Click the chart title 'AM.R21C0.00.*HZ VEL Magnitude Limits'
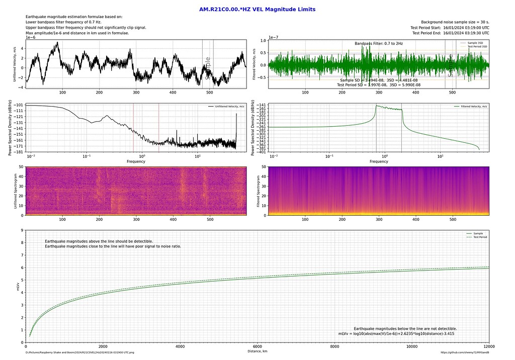pyautogui.click(x=257, y=9)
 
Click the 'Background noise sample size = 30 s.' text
pyautogui.click(x=455, y=22)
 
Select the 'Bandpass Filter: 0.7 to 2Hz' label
pyautogui.click(x=378, y=44)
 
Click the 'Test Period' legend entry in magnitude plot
pyautogui.click(x=480, y=237)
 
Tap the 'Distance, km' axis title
pyautogui.click(x=257, y=351)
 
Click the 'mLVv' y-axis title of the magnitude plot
pyautogui.click(x=18, y=286)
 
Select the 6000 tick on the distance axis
pyautogui.click(x=257, y=346)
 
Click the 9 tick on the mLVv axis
pyautogui.click(x=22, y=230)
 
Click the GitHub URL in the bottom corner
pyautogui.click(x=465, y=353)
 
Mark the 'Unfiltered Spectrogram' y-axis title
pyautogui.click(x=18, y=191)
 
